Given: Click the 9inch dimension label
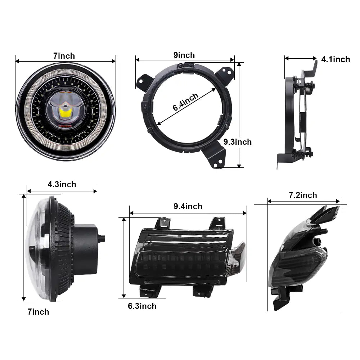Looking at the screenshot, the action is pyautogui.click(x=184, y=55).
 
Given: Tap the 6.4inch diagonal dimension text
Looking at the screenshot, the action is pyautogui.click(x=185, y=102).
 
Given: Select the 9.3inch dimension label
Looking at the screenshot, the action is pyautogui.click(x=238, y=142).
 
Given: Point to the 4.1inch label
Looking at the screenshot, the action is pyautogui.click(x=336, y=59).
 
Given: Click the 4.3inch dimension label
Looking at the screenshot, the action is pyautogui.click(x=62, y=184).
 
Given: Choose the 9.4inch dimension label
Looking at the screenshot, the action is pyautogui.click(x=188, y=206).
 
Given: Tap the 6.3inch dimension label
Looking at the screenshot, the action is pyautogui.click(x=142, y=306).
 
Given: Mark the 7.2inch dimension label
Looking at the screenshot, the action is pyautogui.click(x=303, y=195).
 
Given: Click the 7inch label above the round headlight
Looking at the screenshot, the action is pyautogui.click(x=64, y=56).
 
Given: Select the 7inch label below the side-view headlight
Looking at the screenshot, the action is pyautogui.click(x=39, y=312).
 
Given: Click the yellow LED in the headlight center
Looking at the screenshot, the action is pyautogui.click(x=65, y=113).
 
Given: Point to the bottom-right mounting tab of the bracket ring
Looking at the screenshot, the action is pyautogui.click(x=214, y=156).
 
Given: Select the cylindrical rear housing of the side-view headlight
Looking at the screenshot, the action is pyautogui.click(x=85, y=249).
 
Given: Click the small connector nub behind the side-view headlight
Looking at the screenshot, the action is pyautogui.click(x=102, y=238).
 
